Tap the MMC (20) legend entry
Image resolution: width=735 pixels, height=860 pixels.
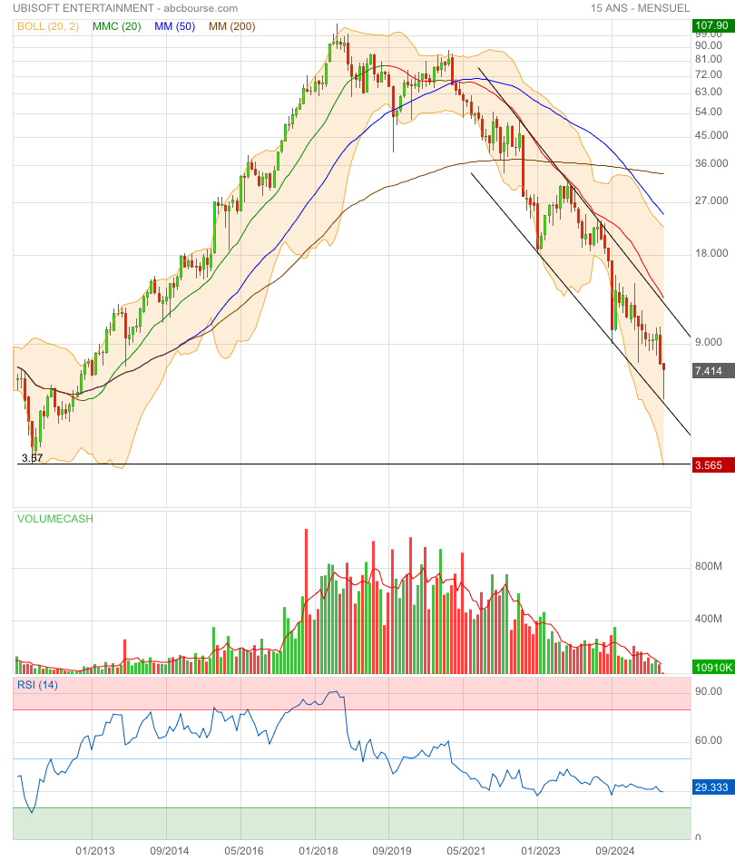tap(116, 26)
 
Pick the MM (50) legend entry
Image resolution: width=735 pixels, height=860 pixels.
tap(175, 26)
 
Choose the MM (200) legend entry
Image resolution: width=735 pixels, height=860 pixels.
tap(232, 26)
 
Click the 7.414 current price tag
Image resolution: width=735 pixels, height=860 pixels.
tap(709, 370)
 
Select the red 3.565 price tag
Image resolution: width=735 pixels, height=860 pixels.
tap(709, 465)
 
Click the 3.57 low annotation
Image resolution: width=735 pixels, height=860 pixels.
tap(32, 458)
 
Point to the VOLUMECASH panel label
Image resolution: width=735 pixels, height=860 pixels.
tap(55, 519)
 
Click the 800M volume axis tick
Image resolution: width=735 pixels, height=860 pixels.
tap(708, 566)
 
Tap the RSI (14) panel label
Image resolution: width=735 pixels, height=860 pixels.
tap(37, 685)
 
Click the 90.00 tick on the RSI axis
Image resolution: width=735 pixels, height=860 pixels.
tap(708, 691)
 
